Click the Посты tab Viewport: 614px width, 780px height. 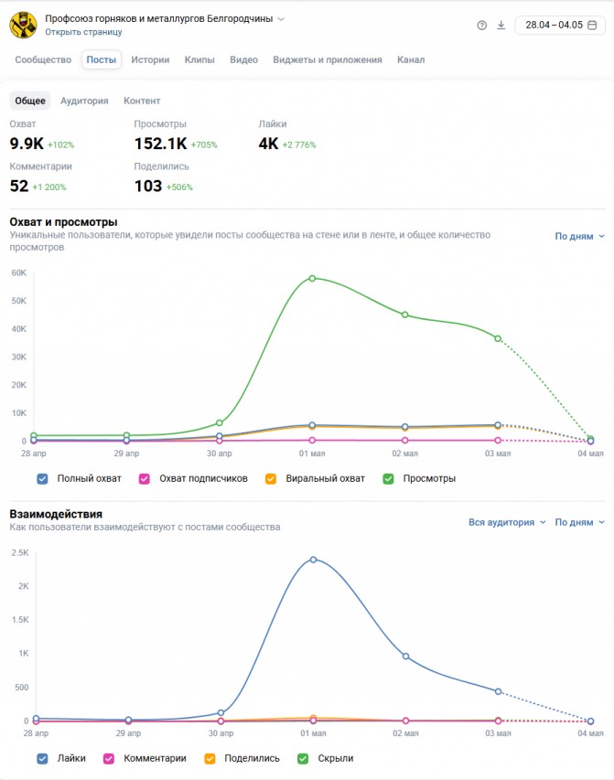pyautogui.click(x=101, y=59)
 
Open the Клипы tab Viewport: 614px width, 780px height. pyautogui.click(x=199, y=59)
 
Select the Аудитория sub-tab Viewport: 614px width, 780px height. pyautogui.click(x=84, y=101)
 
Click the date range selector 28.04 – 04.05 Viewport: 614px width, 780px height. pyautogui.click(x=560, y=25)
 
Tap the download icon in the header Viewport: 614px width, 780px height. pyautogui.click(x=501, y=25)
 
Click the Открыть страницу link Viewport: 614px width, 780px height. pyautogui.click(x=83, y=32)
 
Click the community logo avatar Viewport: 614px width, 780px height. pyautogui.click(x=24, y=25)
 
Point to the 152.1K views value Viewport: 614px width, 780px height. pyautogui.click(x=160, y=144)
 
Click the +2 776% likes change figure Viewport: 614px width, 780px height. pyautogui.click(x=299, y=144)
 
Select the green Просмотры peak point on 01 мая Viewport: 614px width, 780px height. pyautogui.click(x=312, y=279)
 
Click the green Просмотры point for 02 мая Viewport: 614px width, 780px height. pyautogui.click(x=404, y=315)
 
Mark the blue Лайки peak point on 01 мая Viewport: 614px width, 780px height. pyautogui.click(x=313, y=560)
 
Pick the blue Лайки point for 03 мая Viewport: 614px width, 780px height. pyautogui.click(x=499, y=691)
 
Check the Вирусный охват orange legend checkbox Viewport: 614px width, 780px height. pyautogui.click(x=271, y=478)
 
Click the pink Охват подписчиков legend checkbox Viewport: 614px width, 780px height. pyautogui.click(x=145, y=478)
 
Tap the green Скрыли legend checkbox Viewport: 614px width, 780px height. pyautogui.click(x=303, y=759)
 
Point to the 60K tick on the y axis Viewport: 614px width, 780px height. pyautogui.click(x=19, y=272)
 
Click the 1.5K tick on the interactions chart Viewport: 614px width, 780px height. pyautogui.click(x=20, y=620)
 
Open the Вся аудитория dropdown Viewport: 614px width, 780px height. pyautogui.click(x=507, y=522)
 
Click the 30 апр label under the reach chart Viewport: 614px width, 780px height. pyautogui.click(x=219, y=454)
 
